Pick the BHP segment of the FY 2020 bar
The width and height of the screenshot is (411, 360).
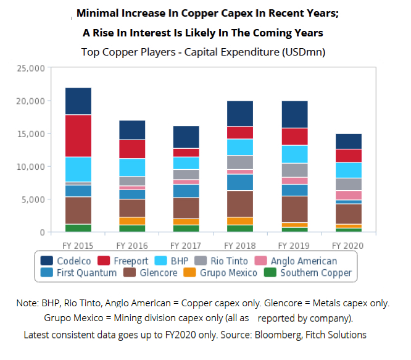349,170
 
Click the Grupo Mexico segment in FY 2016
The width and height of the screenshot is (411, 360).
131,220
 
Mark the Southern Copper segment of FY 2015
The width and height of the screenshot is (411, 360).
78,228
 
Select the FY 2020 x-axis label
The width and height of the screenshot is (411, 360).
349,245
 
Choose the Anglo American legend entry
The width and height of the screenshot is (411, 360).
299,261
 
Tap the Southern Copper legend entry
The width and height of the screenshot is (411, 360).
309,273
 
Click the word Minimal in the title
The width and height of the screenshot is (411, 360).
98,13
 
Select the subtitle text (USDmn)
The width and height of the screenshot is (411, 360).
303,52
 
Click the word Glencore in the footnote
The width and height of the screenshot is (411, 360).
286,304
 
